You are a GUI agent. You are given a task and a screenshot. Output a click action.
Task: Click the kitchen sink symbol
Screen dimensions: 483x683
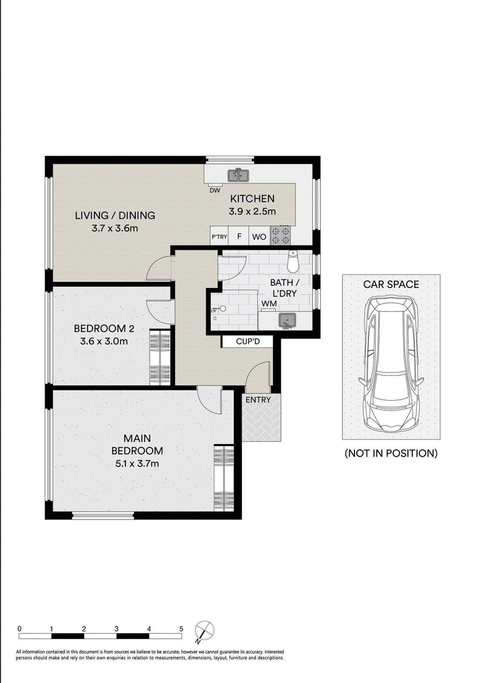pos(238,175)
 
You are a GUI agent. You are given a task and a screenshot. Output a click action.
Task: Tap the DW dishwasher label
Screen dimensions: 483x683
pos(215,190)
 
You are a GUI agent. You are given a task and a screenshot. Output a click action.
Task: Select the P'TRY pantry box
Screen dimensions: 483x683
pos(219,237)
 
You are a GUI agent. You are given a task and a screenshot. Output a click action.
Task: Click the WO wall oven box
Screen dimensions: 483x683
pos(259,237)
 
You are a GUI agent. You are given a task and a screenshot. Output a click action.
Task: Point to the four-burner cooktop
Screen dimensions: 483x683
pos(280,235)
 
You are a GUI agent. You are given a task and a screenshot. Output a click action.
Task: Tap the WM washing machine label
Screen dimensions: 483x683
pos(269,303)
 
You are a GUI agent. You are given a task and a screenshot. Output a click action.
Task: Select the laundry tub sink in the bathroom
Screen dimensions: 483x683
pos(287,321)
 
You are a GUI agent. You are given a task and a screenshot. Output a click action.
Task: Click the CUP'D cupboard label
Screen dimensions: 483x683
pos(248,341)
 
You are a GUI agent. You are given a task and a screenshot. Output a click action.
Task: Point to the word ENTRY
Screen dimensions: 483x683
pos(258,399)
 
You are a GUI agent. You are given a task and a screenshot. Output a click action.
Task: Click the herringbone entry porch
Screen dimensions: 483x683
pos(261,417)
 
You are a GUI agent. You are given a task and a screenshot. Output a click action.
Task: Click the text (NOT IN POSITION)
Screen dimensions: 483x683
pos(391,453)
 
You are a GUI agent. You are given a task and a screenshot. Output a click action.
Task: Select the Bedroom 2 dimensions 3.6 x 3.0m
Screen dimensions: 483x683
pos(104,341)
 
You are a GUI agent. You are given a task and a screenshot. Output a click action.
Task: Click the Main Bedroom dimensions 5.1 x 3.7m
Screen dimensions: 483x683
pos(137,463)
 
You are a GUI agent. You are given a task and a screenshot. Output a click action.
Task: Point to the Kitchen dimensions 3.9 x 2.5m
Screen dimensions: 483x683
pos(252,212)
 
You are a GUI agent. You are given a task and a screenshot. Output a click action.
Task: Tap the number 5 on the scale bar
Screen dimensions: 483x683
pos(181,629)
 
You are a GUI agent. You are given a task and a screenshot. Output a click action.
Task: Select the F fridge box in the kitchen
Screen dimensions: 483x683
pos(239,237)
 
